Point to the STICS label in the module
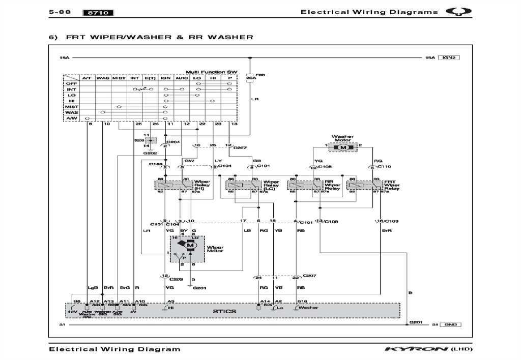click(x=225, y=311)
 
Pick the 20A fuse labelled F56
click(x=250, y=78)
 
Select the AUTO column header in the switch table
click(x=182, y=78)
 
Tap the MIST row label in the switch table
click(x=72, y=107)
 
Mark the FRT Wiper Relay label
click(x=392, y=184)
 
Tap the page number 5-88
click(x=59, y=12)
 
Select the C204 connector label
click(x=173, y=142)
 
